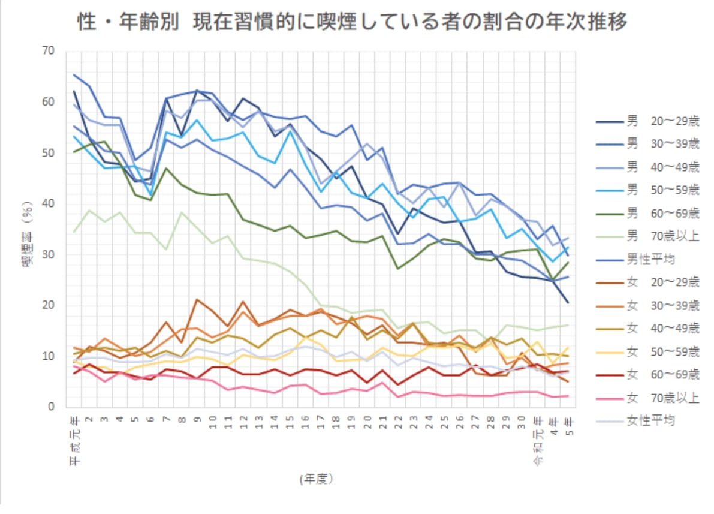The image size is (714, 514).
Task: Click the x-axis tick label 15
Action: [290, 422]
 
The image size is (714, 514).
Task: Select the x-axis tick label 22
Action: [398, 422]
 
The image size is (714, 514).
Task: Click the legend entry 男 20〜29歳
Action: [647, 122]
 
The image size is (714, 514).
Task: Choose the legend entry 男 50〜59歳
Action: [647, 190]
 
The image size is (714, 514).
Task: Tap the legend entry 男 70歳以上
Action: [647, 236]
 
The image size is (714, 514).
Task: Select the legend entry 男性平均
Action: [638, 259]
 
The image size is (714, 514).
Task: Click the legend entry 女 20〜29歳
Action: [647, 282]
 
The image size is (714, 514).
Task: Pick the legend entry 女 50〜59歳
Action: [647, 351]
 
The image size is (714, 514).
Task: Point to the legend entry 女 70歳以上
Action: [647, 398]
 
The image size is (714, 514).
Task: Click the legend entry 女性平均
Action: [638, 420]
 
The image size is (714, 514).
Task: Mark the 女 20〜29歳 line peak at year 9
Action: [197, 299]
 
